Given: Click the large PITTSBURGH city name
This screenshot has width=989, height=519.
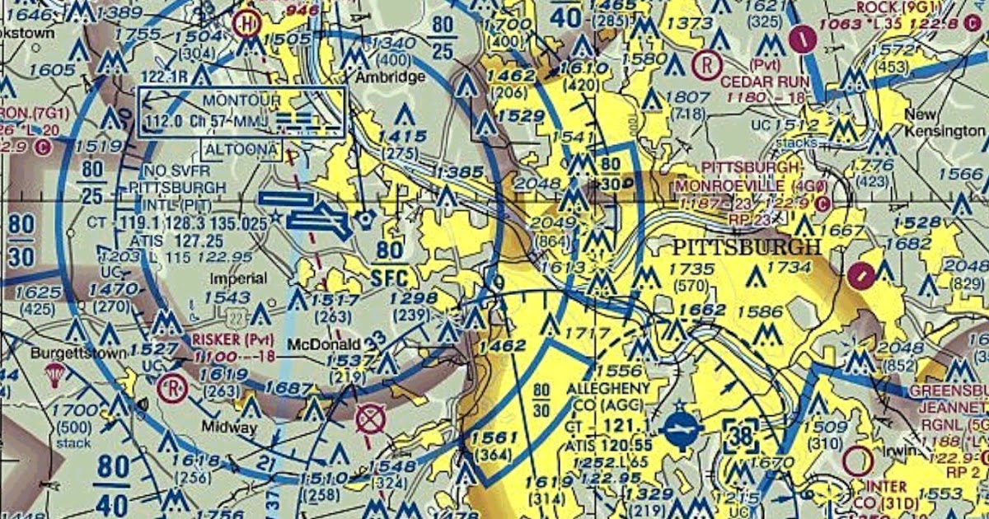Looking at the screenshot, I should tap(747, 247).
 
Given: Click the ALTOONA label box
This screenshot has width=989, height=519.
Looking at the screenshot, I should tap(241, 150).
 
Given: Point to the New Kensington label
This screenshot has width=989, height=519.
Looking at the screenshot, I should tap(943, 123).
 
